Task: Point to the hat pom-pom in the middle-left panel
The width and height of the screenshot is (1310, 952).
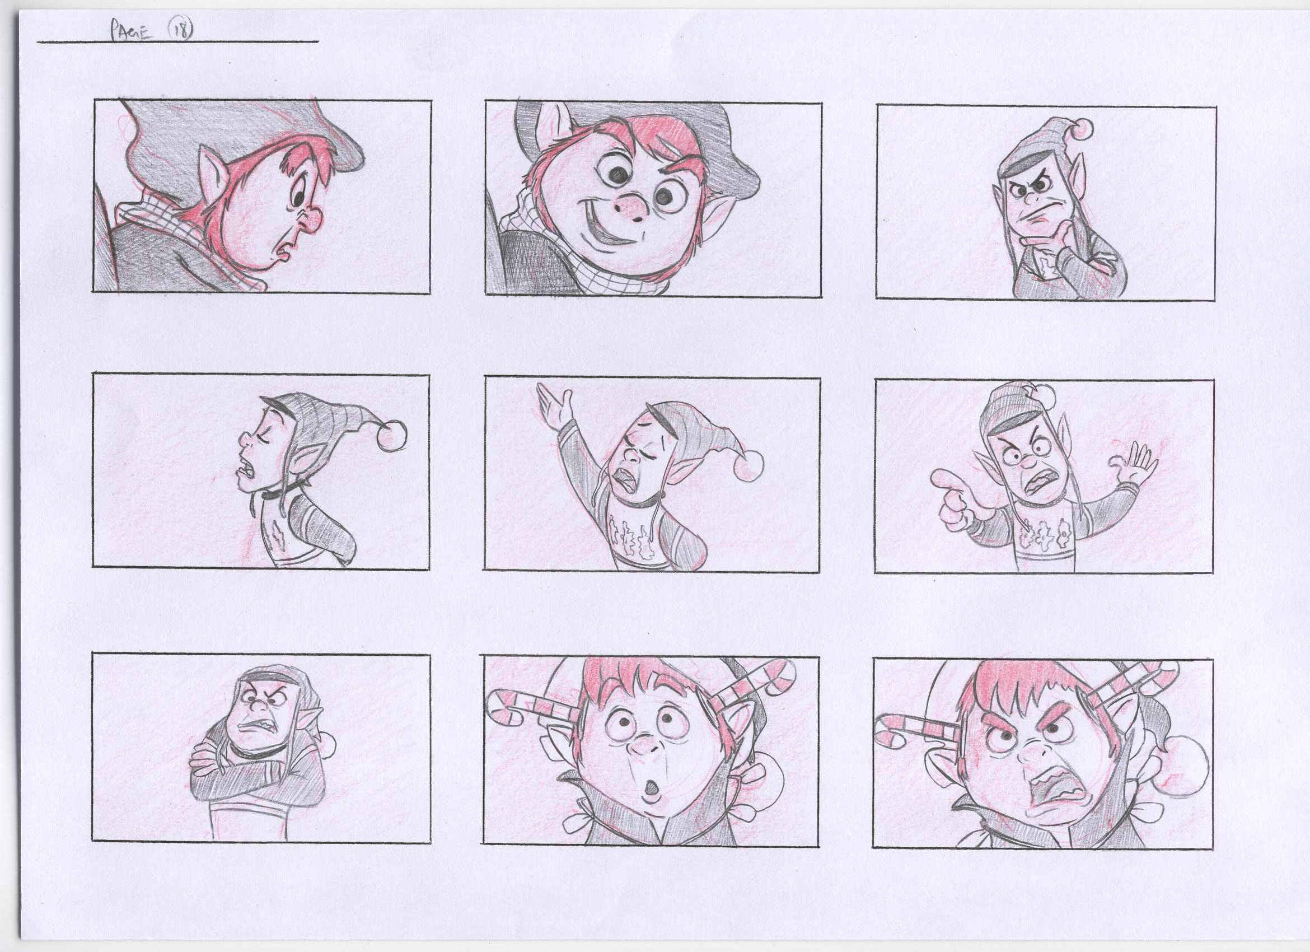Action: [392, 434]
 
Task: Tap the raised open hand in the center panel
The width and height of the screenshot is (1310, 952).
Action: [554, 405]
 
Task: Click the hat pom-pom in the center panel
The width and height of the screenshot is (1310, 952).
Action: [749, 465]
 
